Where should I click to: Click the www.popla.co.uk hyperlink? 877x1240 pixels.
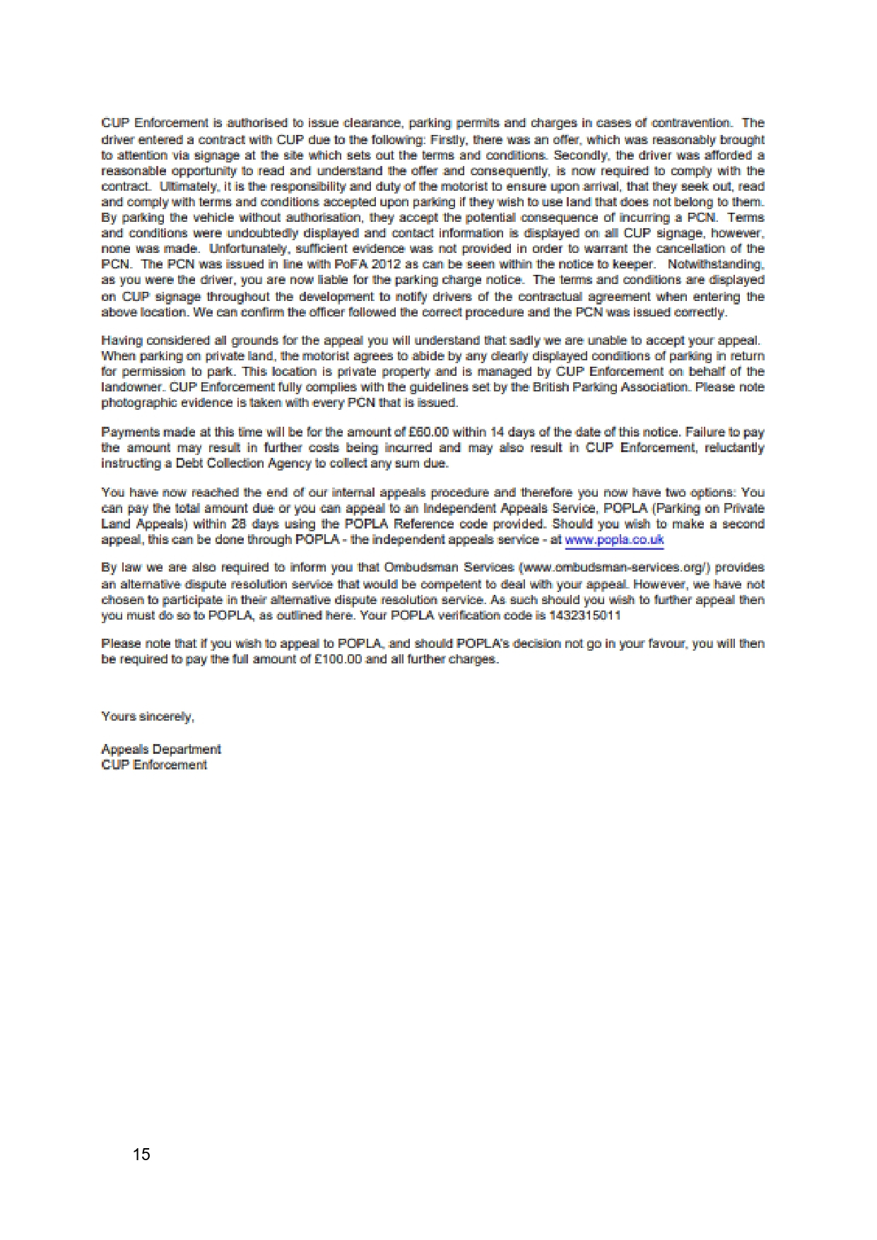(614, 540)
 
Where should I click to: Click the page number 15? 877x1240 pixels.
(141, 1154)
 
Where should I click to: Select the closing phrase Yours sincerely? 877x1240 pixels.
(147, 716)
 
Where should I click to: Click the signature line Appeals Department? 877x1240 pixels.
(161, 749)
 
